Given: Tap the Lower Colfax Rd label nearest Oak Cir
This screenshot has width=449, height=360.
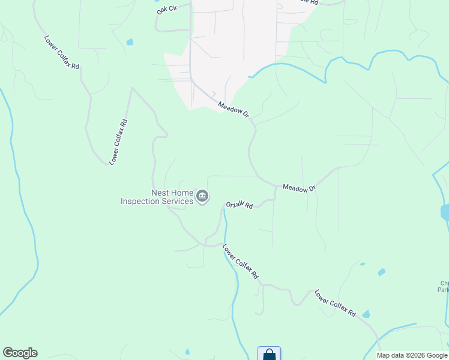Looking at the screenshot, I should pos(62,52).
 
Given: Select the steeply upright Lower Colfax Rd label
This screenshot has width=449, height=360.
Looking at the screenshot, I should pos(119,142).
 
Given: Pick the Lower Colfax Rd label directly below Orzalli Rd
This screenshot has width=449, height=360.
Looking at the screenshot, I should pos(240,261).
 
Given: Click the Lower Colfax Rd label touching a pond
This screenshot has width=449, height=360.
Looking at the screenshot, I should pos(335,304).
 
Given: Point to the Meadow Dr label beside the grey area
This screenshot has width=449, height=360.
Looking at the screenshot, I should pos(234,110).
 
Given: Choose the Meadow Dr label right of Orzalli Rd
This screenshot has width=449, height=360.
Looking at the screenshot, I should pos(299,188).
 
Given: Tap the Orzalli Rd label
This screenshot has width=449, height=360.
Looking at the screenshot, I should pos(240,205).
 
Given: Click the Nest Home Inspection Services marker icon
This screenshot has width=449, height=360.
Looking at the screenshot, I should pos(203,196).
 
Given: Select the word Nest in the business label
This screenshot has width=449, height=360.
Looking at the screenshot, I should pos(160,193).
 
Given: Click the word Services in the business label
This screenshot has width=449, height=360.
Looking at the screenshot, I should pos(177,202).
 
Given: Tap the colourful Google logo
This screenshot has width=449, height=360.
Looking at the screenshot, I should pos(20,353).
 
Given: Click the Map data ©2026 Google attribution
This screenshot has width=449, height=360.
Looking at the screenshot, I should pos(412,355).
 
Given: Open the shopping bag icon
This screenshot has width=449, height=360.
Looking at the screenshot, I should pos(269,354).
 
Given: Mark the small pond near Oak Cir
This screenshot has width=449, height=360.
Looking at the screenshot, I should pos(130,42).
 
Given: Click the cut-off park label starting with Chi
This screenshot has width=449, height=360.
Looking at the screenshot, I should pos(444,286).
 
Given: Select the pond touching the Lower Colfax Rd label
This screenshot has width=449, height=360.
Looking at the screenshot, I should pos(366,314).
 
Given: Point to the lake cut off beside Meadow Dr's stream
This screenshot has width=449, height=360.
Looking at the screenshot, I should pos(445,212).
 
